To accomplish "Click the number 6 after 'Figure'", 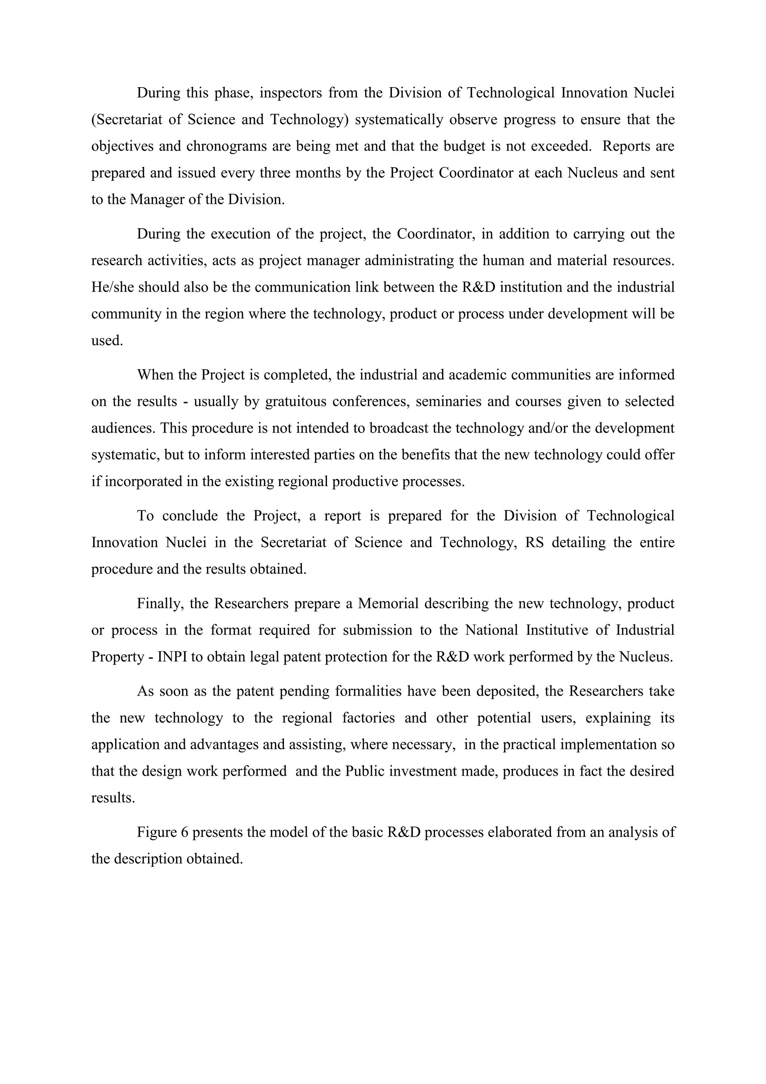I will coord(184,832).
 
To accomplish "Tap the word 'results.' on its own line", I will coord(113,798).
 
